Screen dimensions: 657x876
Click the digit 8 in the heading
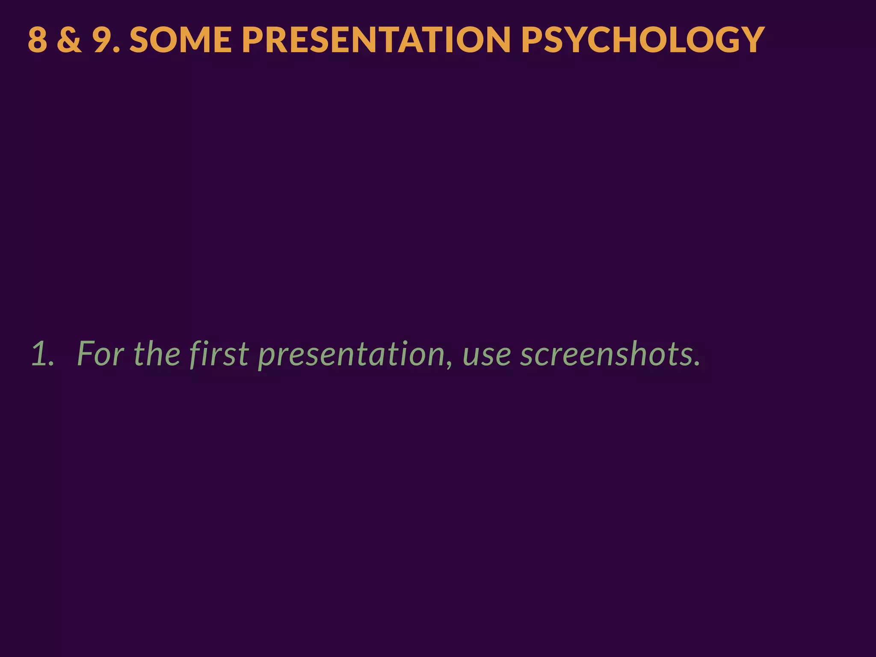point(38,40)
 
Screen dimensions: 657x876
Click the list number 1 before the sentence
point(40,354)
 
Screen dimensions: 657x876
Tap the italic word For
point(101,354)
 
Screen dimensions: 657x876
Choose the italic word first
point(219,354)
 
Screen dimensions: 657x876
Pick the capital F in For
point(86,354)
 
